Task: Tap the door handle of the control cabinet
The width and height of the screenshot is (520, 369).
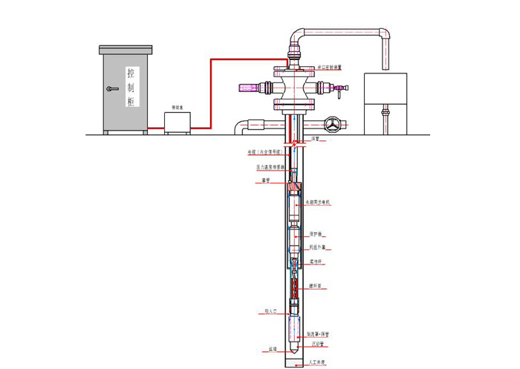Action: (111, 89)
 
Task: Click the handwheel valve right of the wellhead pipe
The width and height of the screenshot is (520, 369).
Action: (334, 125)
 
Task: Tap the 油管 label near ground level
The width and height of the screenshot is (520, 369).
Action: (316, 139)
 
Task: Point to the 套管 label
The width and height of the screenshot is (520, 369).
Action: (265, 180)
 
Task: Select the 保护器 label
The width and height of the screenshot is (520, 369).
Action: (315, 233)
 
